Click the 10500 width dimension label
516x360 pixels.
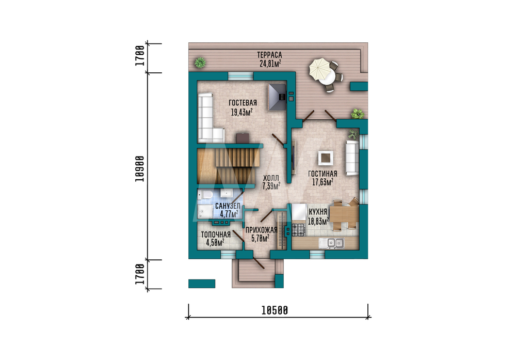(275, 310)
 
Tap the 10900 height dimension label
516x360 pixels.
(140, 168)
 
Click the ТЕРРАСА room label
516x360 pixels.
(269, 55)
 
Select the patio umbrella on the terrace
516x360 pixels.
(319, 69)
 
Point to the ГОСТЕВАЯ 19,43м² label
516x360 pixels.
(243, 108)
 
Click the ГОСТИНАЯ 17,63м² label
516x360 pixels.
(322, 178)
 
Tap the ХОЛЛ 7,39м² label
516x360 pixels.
(271, 182)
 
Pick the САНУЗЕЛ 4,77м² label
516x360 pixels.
(228, 210)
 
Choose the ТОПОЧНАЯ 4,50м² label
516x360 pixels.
(216, 239)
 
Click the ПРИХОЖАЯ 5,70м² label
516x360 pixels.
(261, 234)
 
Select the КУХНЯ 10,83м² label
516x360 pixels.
(318, 216)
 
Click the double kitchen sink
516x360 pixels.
(331, 243)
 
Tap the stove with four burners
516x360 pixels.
(298, 229)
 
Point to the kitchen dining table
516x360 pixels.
(344, 214)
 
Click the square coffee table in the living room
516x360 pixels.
(326, 158)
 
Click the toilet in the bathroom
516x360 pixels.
(205, 195)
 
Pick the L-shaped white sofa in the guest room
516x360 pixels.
(208, 117)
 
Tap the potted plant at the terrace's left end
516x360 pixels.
(200, 62)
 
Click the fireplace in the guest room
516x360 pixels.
(277, 97)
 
